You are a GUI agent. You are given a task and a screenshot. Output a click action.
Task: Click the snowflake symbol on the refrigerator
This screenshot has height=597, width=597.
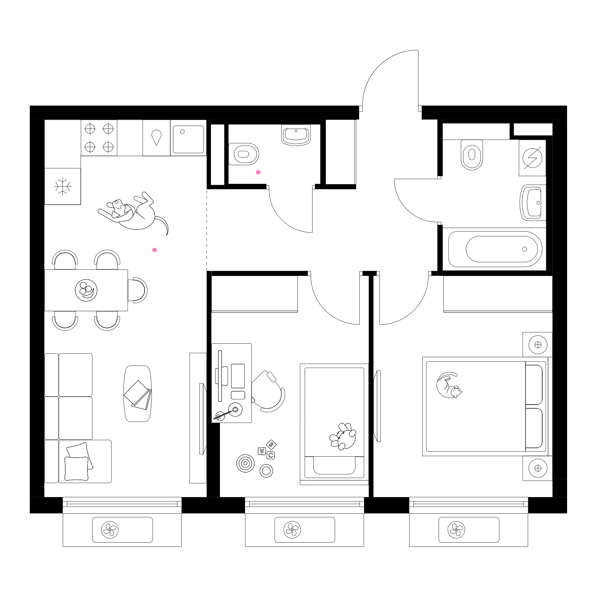tap(63, 186)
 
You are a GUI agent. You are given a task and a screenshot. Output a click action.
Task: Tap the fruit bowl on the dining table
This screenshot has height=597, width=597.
tap(86, 290)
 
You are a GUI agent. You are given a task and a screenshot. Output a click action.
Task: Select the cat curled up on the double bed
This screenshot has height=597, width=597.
tap(449, 385)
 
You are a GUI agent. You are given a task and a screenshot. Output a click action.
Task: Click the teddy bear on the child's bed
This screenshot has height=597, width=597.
tap(343, 436)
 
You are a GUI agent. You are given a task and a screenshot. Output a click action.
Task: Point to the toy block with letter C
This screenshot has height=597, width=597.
tap(271, 455)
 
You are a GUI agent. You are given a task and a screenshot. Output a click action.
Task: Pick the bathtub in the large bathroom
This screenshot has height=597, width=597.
tap(495, 249)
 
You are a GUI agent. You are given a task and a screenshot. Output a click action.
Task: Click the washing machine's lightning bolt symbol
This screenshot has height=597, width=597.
tap(532, 158)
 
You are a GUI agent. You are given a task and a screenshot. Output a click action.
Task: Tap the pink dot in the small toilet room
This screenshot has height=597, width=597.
tap(258, 173)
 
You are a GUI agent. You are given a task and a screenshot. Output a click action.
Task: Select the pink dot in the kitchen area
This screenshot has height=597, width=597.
tap(154, 250)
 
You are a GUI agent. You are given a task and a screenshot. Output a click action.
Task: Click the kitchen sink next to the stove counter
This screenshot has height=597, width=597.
tap(188, 139)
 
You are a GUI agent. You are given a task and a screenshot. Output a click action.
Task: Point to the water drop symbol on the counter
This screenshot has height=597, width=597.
tap(156, 138)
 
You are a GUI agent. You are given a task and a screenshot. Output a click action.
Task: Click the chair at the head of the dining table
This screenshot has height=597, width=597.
tap(137, 290)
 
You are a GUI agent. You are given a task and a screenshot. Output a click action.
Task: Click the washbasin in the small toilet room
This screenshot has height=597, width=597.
tap(296, 135)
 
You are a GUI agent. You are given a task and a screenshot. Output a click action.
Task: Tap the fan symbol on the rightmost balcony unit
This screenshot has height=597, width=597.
tap(456, 530)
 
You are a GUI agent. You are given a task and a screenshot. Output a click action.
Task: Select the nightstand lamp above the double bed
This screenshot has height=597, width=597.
tap(538, 345)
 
